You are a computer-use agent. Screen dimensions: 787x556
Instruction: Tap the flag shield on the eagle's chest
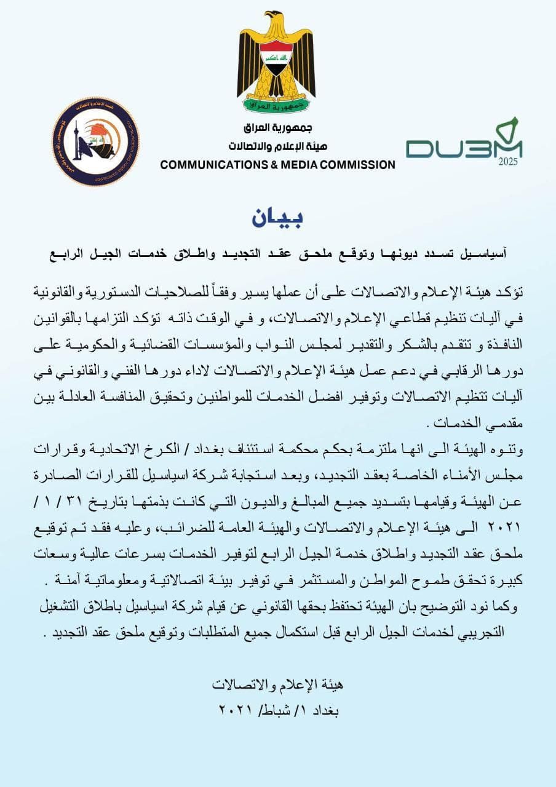point(276,58)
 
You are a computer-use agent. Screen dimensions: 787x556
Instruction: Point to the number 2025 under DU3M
point(508,162)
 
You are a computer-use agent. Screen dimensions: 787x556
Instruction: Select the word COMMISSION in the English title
point(359,165)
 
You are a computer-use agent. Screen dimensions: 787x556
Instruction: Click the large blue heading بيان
point(277,218)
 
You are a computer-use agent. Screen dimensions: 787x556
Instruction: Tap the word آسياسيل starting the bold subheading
point(486,253)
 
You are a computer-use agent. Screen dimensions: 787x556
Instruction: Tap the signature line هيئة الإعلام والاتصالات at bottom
point(277,684)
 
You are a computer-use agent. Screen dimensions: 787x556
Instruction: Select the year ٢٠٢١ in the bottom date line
point(236,710)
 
